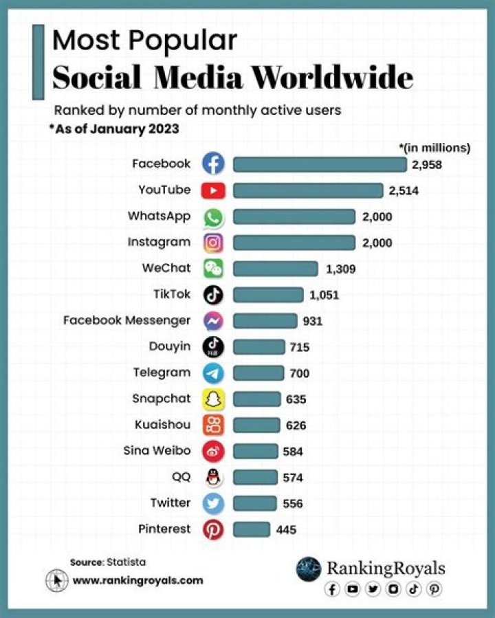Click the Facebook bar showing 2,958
point(320,164)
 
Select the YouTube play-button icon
point(213,190)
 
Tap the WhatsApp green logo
point(213,217)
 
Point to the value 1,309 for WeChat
point(340,269)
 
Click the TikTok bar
point(268,295)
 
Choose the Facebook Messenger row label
point(126,320)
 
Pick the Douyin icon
point(213,347)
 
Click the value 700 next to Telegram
point(300,373)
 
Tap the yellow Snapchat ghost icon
point(213,399)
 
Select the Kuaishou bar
point(256,426)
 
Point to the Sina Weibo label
point(157,451)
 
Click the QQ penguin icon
point(213,478)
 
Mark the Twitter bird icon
point(213,504)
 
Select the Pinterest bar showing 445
point(252,529)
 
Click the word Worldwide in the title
point(332,78)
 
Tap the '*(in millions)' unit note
point(434,147)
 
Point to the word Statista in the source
point(126,562)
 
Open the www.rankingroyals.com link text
point(137,580)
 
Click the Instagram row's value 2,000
point(377,243)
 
